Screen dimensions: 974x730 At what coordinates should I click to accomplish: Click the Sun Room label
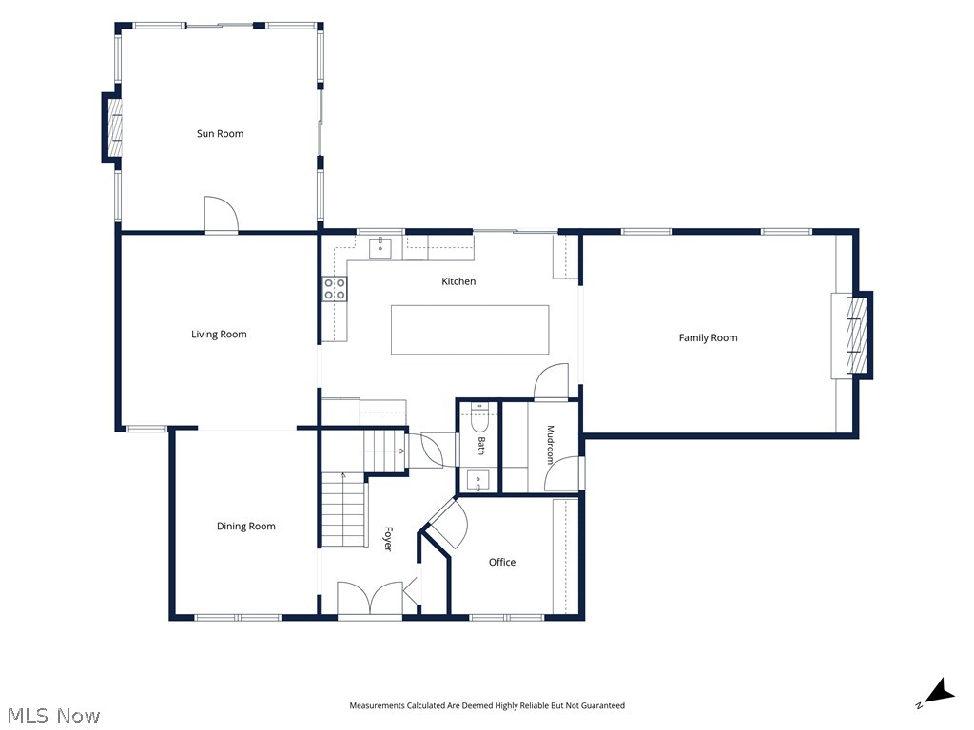[x=220, y=133]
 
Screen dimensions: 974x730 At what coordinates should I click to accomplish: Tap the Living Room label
[x=219, y=335]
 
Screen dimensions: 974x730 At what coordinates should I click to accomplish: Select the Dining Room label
[x=246, y=527]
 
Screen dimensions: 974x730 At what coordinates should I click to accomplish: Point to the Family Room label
[x=708, y=337]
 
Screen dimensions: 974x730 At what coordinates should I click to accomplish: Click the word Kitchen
[x=458, y=281]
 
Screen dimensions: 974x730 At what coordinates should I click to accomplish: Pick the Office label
[x=502, y=562]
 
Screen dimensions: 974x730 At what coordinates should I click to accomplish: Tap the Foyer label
[x=388, y=539]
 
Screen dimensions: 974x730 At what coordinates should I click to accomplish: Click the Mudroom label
[x=550, y=445]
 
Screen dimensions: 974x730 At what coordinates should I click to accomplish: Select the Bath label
[x=480, y=446]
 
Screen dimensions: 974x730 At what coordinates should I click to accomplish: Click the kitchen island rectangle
[x=470, y=330]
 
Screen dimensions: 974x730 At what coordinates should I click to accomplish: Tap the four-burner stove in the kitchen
[x=335, y=289]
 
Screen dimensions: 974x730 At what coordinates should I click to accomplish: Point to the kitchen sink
[x=380, y=246]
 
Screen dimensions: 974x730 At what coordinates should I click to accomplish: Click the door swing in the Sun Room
[x=221, y=214]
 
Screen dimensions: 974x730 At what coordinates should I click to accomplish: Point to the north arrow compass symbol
[x=937, y=693]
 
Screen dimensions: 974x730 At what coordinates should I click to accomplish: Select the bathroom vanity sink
[x=477, y=481]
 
